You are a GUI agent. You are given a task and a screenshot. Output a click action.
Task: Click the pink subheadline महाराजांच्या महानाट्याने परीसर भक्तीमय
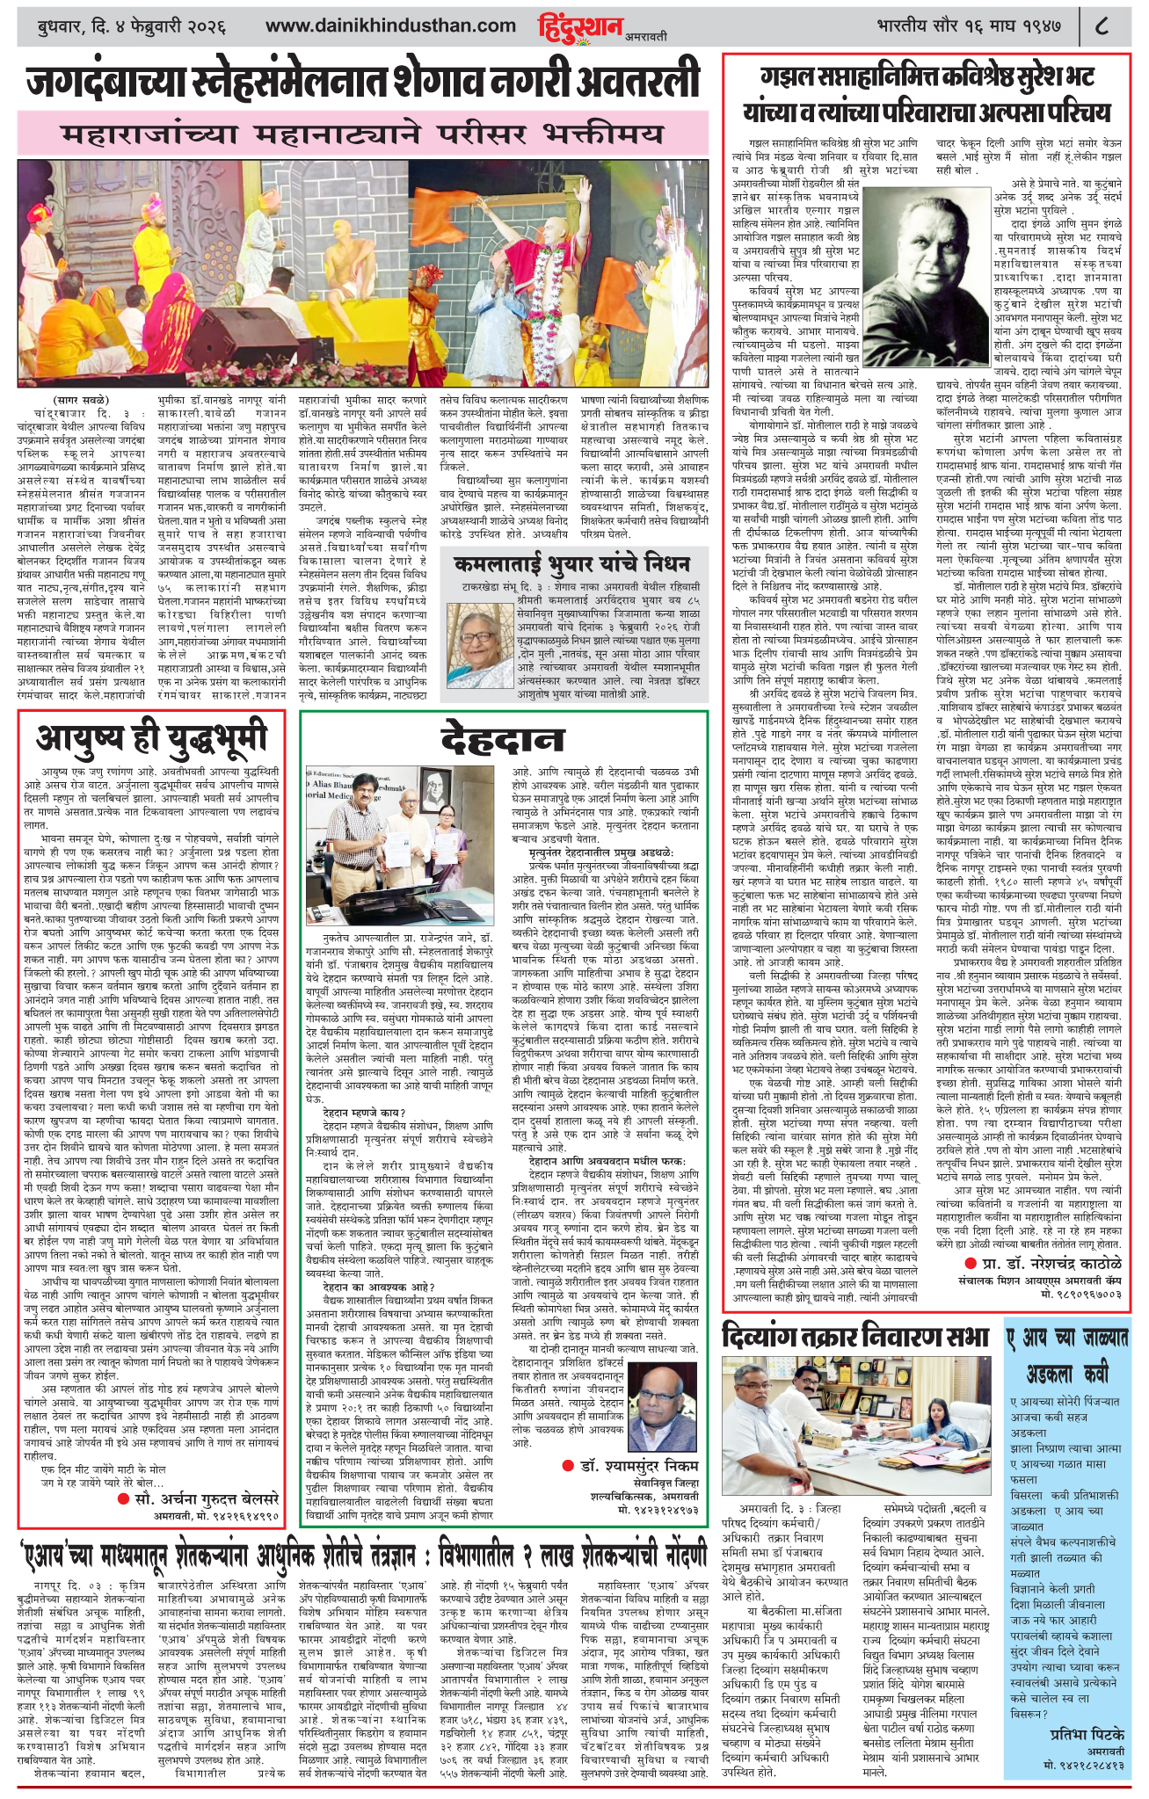coord(363,135)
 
